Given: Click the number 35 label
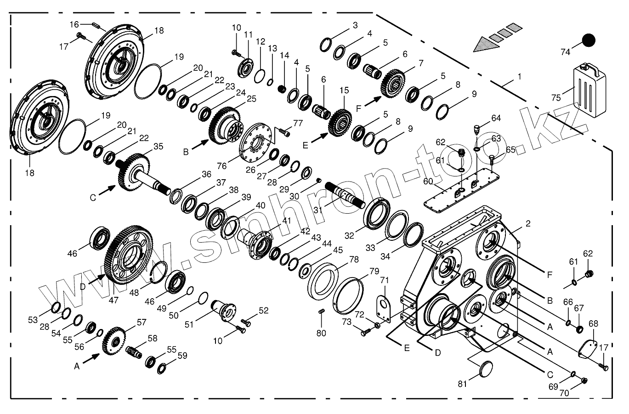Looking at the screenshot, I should tap(158, 147).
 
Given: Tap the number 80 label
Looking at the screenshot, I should tap(321, 333).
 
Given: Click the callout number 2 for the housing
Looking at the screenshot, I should tap(528, 224).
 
